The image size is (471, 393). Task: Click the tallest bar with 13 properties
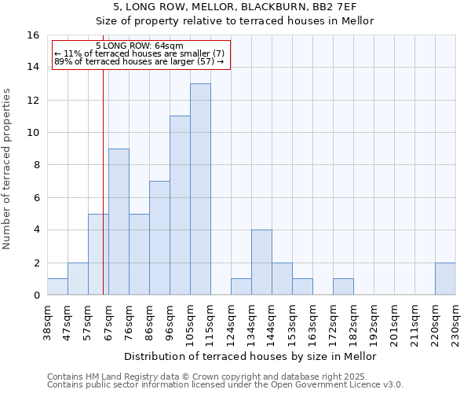click(200, 189)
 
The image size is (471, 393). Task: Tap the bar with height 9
click(119, 222)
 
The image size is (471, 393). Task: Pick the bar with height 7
click(159, 238)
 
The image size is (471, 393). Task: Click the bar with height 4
click(261, 263)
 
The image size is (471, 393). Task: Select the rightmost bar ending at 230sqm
click(445, 279)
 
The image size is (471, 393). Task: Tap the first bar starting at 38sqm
click(57, 287)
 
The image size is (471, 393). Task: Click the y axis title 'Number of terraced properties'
click(7, 169)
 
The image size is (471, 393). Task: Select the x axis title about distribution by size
click(250, 356)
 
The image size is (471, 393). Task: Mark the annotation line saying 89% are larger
click(139, 61)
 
